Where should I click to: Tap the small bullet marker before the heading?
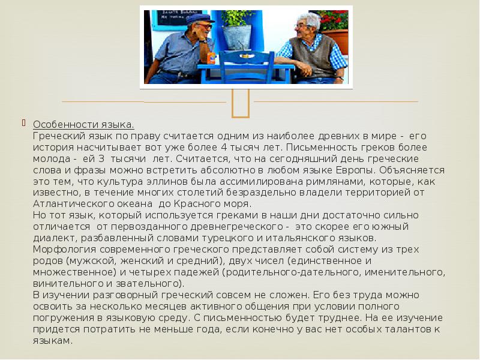click(24, 124)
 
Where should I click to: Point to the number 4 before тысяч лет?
click(223, 147)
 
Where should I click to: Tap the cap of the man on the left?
click(199, 19)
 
